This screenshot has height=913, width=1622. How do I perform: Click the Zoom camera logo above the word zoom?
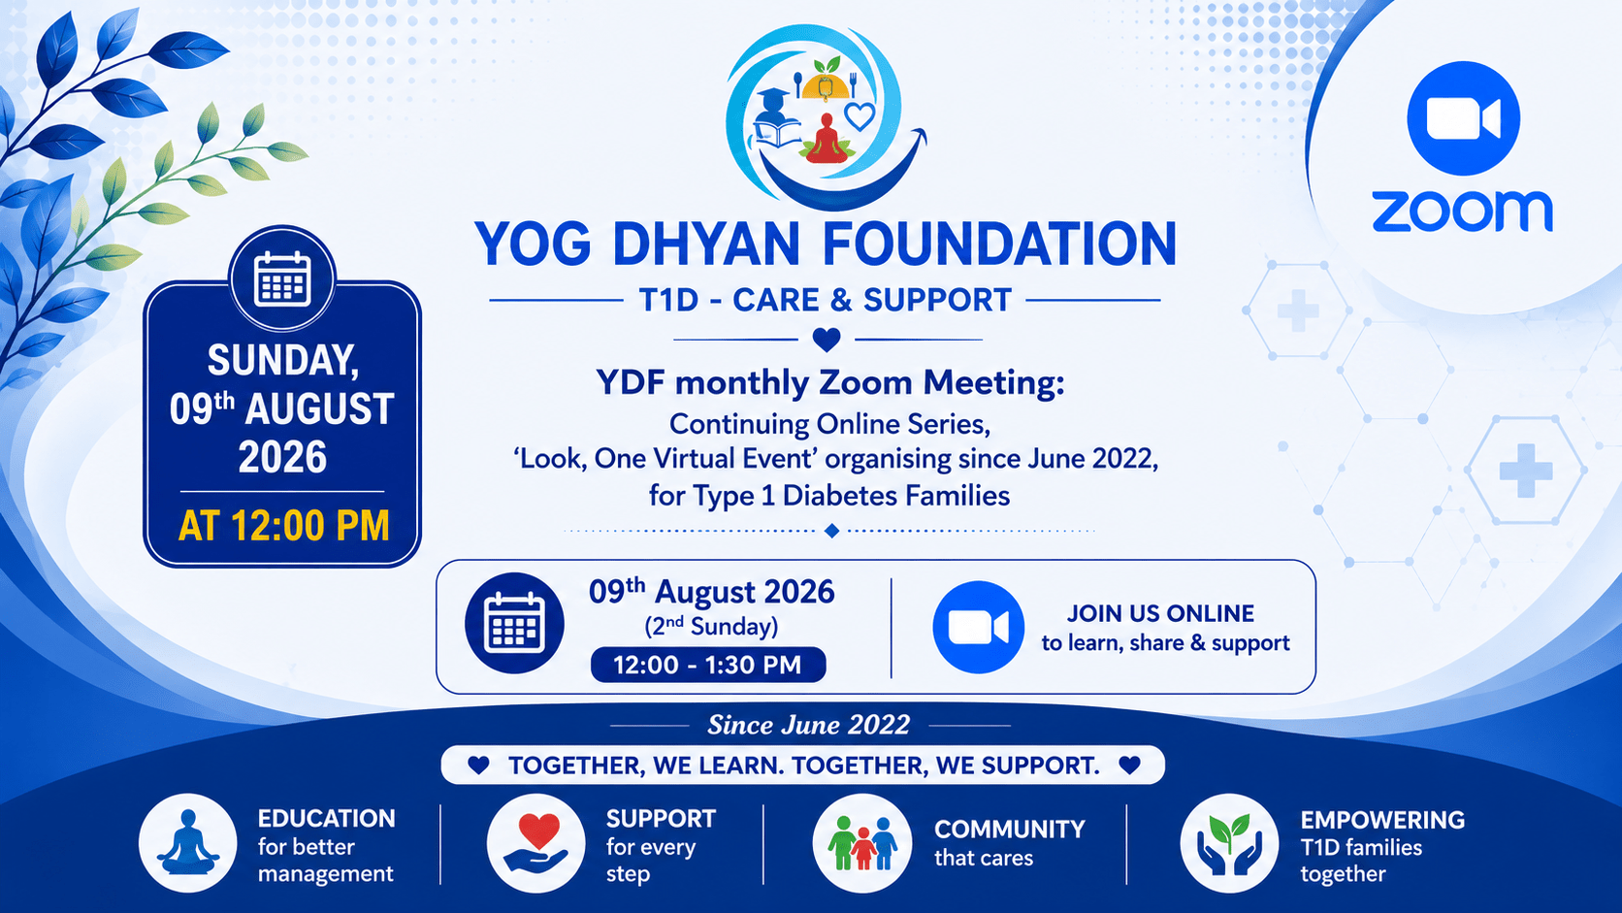pyautogui.click(x=1463, y=118)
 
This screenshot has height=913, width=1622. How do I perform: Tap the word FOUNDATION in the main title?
pyautogui.click(x=999, y=244)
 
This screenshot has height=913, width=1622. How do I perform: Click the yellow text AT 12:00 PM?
pyautogui.click(x=283, y=526)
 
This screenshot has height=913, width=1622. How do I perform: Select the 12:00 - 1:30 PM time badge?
pyautogui.click(x=707, y=665)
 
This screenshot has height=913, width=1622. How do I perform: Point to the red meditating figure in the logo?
pyautogui.click(x=827, y=139)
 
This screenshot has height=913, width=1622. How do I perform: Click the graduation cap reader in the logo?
pyautogui.click(x=775, y=118)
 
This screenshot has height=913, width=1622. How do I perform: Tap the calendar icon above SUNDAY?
pyautogui.click(x=282, y=279)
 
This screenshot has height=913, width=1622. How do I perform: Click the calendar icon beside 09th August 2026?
pyautogui.click(x=514, y=624)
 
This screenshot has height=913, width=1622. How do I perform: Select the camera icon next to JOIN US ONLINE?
pyautogui.click(x=978, y=627)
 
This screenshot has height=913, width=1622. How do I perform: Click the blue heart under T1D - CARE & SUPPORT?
pyautogui.click(x=827, y=339)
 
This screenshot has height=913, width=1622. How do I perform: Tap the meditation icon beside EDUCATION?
pyautogui.click(x=187, y=843)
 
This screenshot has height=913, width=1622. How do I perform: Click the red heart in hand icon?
pyautogui.click(x=535, y=843)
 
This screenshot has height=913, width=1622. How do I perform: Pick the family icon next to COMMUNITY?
pyautogui.click(x=861, y=843)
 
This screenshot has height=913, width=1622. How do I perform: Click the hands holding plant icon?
pyautogui.click(x=1229, y=843)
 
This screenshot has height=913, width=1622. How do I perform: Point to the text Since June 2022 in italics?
pyautogui.click(x=809, y=725)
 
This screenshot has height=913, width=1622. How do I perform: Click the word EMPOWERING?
pyautogui.click(x=1382, y=820)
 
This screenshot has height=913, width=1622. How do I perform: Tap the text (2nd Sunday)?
pyautogui.click(x=711, y=626)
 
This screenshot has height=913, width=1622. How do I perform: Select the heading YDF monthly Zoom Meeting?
pyautogui.click(x=829, y=383)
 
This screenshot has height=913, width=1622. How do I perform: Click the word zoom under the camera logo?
pyautogui.click(x=1462, y=212)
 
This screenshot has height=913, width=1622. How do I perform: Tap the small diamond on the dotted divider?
pyautogui.click(x=832, y=531)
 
